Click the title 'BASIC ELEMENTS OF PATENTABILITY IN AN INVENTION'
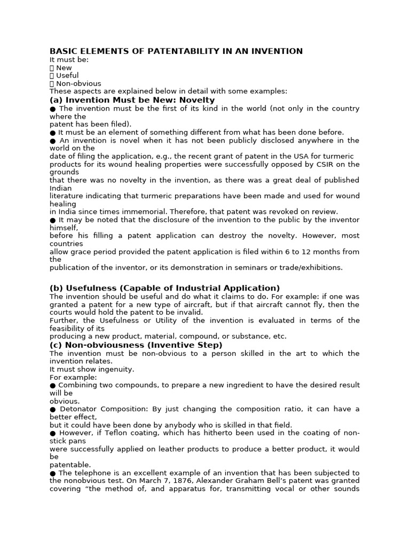click(176, 51)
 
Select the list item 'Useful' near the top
click(67, 76)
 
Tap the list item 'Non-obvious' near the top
click(78, 84)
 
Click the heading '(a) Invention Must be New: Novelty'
click(132, 100)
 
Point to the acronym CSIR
click(316, 164)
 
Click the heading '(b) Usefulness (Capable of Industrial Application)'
click(164, 288)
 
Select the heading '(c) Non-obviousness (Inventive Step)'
click(136, 345)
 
